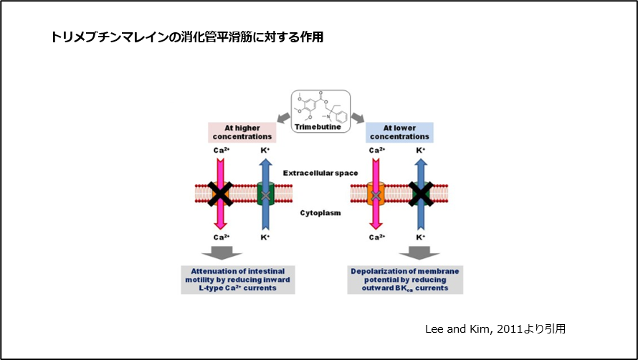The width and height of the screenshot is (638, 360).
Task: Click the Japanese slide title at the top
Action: pyautogui.click(x=187, y=37)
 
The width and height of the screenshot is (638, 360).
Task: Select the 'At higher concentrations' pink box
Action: pyautogui.click(x=242, y=131)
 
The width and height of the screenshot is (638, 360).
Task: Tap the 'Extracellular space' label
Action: pyautogui.click(x=320, y=173)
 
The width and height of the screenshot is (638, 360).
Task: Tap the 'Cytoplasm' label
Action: pyautogui.click(x=320, y=212)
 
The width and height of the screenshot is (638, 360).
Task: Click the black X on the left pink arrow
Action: pyautogui.click(x=219, y=193)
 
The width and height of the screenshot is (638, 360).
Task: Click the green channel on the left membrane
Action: pyautogui.click(x=266, y=194)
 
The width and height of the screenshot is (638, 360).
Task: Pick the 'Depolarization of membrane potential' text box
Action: pyautogui.click(x=405, y=279)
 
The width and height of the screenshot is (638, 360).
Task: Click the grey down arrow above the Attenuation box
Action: pyautogui.click(x=222, y=252)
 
